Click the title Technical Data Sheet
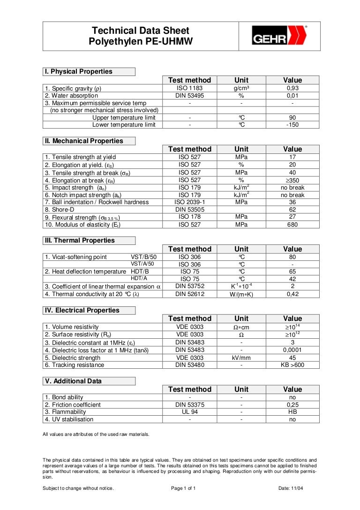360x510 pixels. click(140, 31)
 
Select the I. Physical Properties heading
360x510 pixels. click(79, 72)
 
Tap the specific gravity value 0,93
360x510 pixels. click(292, 88)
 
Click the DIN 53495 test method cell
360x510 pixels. click(189, 96)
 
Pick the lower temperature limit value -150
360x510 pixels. click(292, 125)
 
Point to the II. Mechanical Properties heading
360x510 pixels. click(84, 141)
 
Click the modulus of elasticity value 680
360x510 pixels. click(292, 225)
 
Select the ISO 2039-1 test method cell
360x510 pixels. click(189, 202)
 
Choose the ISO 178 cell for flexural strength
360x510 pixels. click(189, 217)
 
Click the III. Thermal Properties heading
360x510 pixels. click(80, 241)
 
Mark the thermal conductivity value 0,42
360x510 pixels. click(292, 295)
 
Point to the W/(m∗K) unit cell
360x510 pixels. click(241, 295)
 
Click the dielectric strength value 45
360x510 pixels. click(292, 358)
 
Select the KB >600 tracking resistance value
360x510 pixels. click(292, 365)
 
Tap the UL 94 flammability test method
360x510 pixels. click(189, 412)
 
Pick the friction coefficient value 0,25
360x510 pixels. click(292, 404)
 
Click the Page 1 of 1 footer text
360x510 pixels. click(183, 488)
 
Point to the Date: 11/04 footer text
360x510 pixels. click(291, 488)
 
